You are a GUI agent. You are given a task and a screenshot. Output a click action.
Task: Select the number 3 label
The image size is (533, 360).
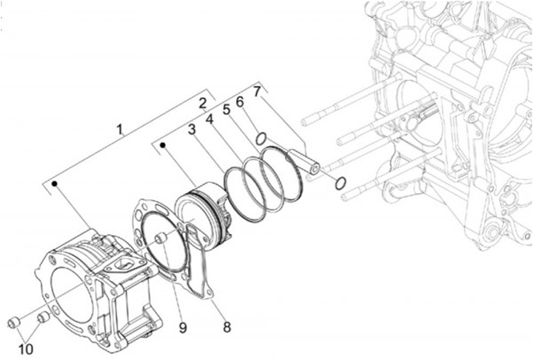tap(191, 130)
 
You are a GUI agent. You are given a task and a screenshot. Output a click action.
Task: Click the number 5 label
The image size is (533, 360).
tap(227, 110)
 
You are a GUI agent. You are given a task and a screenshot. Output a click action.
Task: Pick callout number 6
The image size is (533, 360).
tap(240, 101)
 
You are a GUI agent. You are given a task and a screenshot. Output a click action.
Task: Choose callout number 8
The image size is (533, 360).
tap(227, 326)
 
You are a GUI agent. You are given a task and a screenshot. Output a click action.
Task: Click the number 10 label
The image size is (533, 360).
tap(27, 347)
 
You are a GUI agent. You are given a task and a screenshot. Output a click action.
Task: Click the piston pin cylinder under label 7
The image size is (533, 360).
tap(304, 161)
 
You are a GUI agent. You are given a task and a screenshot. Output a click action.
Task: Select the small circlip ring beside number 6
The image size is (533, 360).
tap(261, 139)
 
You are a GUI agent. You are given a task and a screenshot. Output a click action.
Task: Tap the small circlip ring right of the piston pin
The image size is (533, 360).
tap(341, 183)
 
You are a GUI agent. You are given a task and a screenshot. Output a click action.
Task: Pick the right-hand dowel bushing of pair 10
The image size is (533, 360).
tap(43, 318)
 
